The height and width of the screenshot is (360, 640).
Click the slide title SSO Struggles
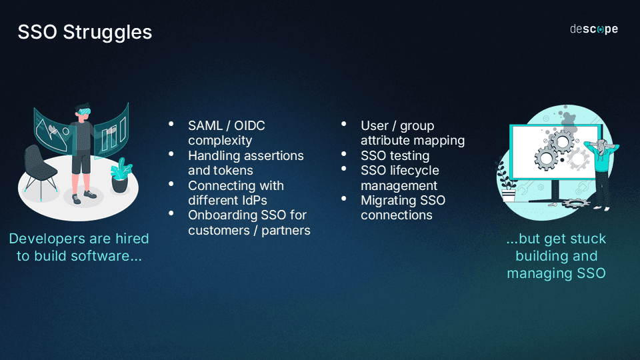[85, 32]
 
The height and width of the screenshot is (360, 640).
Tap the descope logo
[593, 29]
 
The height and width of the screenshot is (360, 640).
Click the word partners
[286, 231]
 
